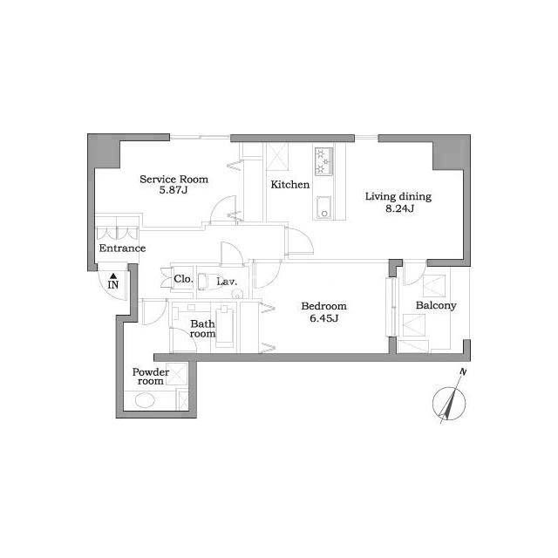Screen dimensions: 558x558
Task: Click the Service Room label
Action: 174,179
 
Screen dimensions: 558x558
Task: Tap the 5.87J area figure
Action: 174,190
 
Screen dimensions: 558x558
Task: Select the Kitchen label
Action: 290,184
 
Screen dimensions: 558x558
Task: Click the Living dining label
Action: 398,196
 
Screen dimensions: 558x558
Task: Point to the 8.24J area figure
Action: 399,208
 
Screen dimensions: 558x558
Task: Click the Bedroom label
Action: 323,306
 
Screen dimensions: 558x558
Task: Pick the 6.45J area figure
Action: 323,317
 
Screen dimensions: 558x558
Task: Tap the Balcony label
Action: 436,305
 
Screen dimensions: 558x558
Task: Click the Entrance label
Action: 122,248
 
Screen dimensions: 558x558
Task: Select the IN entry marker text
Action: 113,285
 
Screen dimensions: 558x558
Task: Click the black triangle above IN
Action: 113,276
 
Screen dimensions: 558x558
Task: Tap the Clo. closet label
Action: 183,279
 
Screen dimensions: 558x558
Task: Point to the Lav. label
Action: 227,282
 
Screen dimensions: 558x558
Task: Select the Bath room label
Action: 202,329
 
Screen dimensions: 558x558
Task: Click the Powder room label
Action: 151,377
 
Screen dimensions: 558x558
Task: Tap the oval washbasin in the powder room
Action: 145,400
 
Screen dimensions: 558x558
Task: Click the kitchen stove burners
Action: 323,161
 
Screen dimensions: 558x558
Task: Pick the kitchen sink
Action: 323,208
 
